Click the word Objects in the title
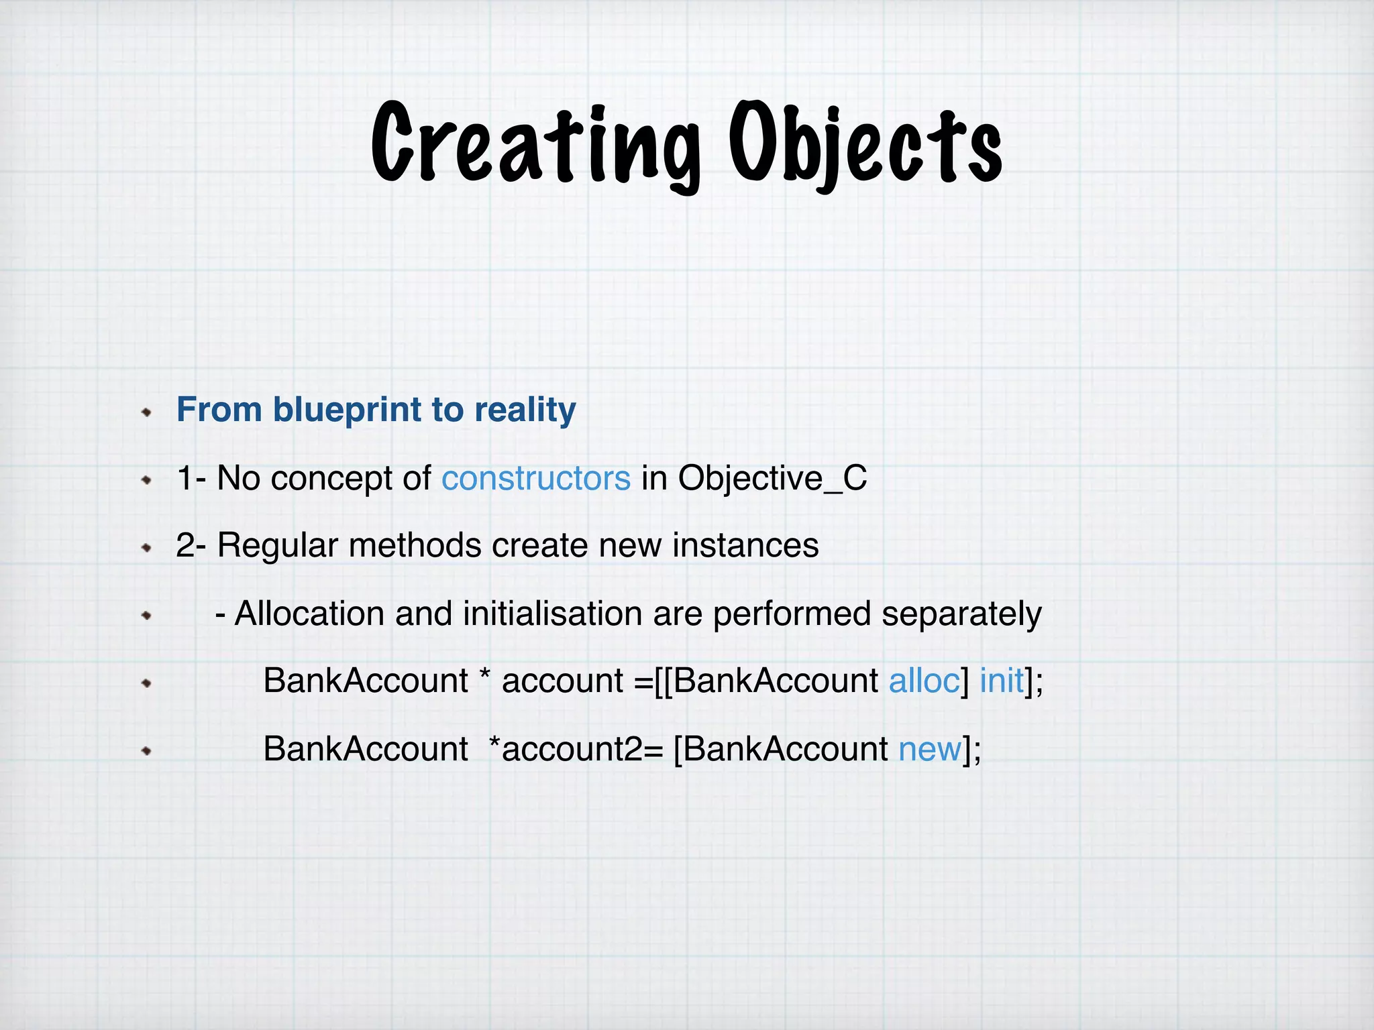[x=865, y=144]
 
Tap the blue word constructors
[x=535, y=479]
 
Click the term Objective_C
[x=772, y=479]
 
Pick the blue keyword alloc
[x=924, y=681]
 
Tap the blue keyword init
[x=1002, y=681]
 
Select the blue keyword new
[x=930, y=750]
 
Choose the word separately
[x=961, y=614]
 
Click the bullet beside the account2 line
[x=147, y=751]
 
